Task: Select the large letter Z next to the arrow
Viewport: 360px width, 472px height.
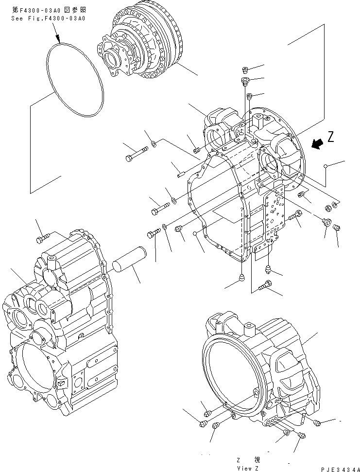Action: (331, 137)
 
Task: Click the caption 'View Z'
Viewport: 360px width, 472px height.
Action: (248, 468)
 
